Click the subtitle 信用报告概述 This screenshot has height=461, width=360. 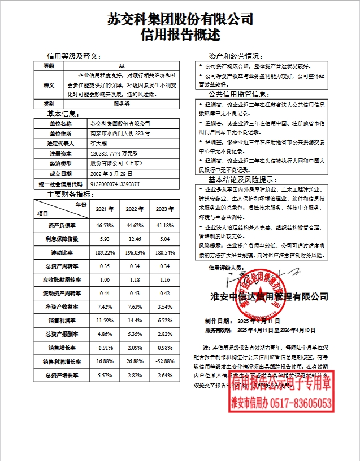[x=180, y=35]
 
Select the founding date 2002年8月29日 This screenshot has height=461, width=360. [x=111, y=174]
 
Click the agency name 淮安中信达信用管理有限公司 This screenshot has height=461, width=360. [x=266, y=296]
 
